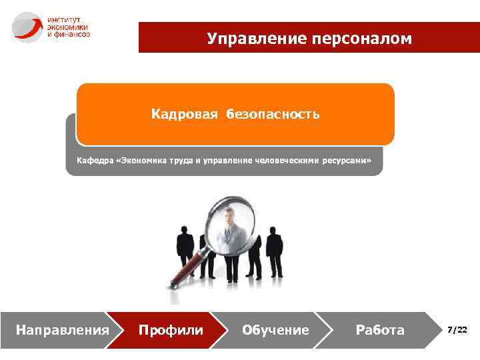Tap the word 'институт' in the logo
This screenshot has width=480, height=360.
[x=63, y=19]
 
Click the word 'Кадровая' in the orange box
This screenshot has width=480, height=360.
[x=184, y=115]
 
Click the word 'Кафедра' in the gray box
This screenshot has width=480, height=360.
[x=95, y=161]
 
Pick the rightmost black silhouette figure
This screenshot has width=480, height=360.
[x=274, y=250]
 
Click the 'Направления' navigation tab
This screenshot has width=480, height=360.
[x=62, y=330]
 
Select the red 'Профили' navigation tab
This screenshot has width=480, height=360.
[x=170, y=330]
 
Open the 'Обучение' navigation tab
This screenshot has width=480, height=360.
[x=275, y=330]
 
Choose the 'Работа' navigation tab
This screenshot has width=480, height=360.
[x=380, y=330]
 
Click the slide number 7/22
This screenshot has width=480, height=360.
[x=457, y=330]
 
